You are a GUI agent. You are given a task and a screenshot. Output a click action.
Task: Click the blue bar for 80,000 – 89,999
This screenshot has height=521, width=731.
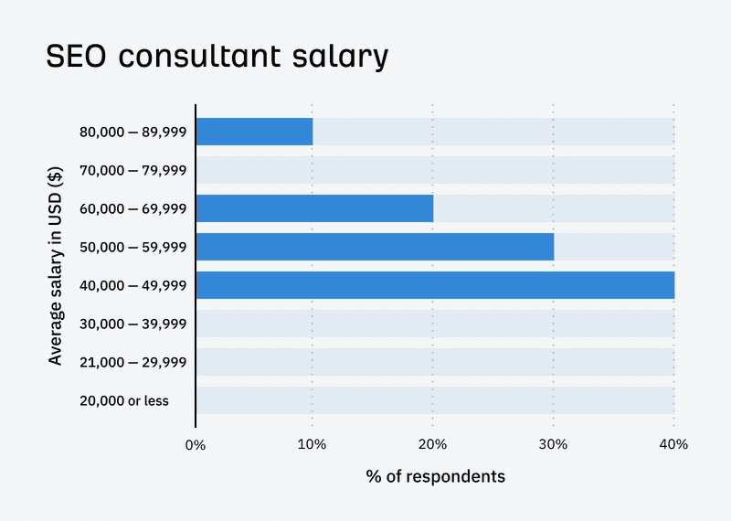tap(254, 132)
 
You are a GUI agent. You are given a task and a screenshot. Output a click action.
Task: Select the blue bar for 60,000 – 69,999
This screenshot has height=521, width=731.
tap(314, 208)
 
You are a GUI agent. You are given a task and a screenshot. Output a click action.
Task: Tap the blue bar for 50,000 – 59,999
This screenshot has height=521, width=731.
tap(375, 247)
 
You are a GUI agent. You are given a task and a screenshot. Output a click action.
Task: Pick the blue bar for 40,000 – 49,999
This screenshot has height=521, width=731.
tap(435, 285)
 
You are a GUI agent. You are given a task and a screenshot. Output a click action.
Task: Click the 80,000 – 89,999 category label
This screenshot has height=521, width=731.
tap(133, 132)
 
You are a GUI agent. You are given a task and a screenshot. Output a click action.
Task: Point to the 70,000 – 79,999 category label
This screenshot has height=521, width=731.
tap(133, 170)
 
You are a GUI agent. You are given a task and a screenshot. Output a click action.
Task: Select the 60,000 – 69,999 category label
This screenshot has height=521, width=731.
tap(133, 208)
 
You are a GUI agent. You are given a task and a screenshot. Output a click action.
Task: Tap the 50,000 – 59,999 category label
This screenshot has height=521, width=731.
tap(133, 247)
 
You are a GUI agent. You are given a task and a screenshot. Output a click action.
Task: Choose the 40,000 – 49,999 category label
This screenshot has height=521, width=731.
tap(133, 285)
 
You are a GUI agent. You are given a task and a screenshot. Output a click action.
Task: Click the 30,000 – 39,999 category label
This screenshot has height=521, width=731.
tap(133, 324)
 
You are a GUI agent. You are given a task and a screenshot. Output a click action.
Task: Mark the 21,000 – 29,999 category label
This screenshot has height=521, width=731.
tap(133, 362)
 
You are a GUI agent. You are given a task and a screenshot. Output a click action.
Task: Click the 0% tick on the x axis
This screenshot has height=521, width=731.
tap(196, 445)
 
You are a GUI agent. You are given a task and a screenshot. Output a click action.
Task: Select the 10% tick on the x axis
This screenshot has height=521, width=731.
tap(313, 445)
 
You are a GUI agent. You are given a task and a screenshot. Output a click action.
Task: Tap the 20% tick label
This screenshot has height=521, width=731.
tap(432, 445)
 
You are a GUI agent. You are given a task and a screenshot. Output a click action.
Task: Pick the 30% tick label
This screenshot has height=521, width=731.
tap(553, 445)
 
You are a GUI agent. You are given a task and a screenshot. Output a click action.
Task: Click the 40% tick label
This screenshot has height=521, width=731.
tap(673, 445)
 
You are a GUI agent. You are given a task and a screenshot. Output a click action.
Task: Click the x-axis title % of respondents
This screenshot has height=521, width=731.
tap(435, 477)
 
